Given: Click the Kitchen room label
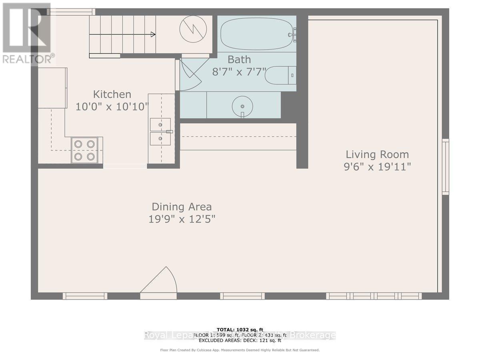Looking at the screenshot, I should (x=112, y=94).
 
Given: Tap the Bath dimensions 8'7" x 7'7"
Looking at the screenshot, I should (x=239, y=72).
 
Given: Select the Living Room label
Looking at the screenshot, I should (x=377, y=154).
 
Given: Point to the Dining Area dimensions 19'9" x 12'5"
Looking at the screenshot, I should (x=182, y=219).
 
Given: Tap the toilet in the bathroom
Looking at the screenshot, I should (x=280, y=75).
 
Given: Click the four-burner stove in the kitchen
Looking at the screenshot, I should (x=85, y=150).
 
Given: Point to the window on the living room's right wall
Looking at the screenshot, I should (x=445, y=167).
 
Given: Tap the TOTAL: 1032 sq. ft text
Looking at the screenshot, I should (x=240, y=330).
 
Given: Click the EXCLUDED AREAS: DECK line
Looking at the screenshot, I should (x=240, y=340).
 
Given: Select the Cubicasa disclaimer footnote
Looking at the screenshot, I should (x=240, y=350).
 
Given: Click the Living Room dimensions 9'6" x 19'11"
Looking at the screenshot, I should (x=377, y=167).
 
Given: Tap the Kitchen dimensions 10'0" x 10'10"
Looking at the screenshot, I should (x=112, y=107).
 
